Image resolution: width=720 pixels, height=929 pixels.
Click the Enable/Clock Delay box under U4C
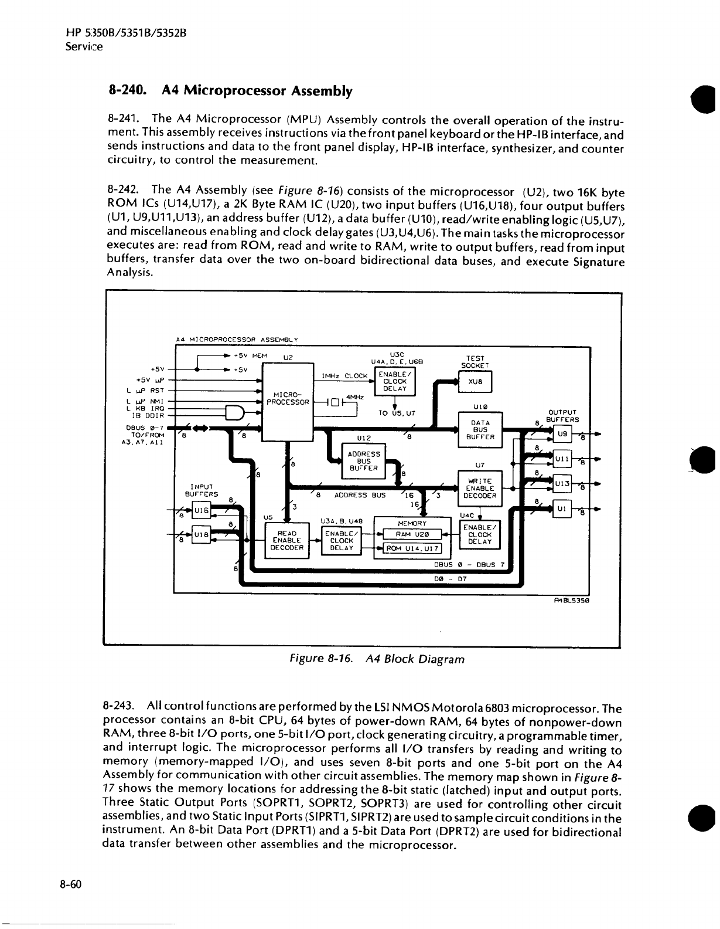click(x=480, y=535)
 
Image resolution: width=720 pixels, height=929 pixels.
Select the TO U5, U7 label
click(x=397, y=413)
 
